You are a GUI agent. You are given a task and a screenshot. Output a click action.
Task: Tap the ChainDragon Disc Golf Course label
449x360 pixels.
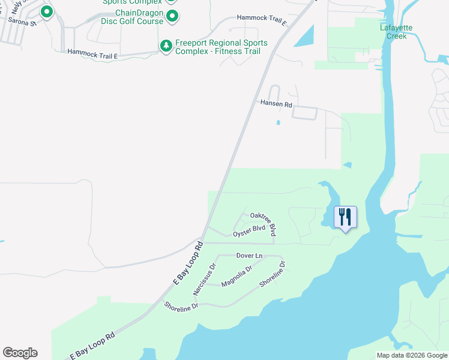(x=139, y=17)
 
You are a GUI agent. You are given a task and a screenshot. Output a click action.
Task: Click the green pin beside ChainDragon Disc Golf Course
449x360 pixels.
(x=172, y=16)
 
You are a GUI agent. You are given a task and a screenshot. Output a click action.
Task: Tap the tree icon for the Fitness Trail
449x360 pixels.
(x=166, y=46)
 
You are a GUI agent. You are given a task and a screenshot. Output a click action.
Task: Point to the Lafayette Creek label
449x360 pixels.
(x=393, y=32)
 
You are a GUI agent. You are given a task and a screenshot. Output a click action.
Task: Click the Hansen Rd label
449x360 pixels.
(x=276, y=104)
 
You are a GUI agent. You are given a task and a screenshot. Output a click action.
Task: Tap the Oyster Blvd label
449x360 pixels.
(x=249, y=229)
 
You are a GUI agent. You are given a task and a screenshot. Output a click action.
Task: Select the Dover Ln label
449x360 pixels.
(x=250, y=256)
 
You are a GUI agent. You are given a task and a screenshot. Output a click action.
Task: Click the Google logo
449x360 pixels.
(x=20, y=353)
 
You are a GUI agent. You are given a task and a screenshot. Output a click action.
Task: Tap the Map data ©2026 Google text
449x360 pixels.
(x=411, y=355)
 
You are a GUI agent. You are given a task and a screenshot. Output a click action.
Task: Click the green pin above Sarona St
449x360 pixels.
(x=46, y=11)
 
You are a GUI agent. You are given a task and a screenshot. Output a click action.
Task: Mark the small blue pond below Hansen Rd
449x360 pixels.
(x=278, y=123)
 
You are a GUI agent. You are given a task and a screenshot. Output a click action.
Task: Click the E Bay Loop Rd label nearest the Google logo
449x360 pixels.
(x=92, y=346)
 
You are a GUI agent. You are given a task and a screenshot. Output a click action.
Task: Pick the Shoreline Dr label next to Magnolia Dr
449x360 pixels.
(x=272, y=274)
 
